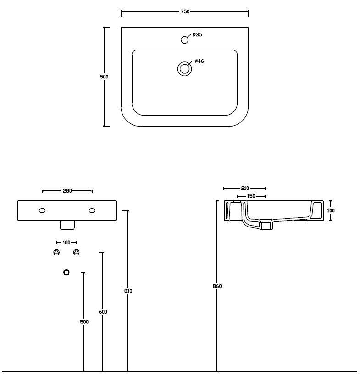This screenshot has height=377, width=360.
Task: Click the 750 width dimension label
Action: point(185,11)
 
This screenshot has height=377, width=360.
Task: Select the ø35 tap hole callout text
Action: point(198,34)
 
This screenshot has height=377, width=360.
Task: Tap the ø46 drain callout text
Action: point(199,61)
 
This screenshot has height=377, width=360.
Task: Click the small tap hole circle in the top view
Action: point(184,39)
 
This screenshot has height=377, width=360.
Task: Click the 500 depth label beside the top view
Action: point(104,77)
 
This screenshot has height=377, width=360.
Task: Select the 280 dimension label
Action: point(67,191)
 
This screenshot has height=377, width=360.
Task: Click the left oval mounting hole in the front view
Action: point(42,211)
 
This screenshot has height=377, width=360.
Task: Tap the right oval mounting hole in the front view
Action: point(92,211)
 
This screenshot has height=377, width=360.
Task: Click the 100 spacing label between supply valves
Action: point(66,243)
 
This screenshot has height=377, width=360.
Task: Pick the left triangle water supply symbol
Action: point(56,252)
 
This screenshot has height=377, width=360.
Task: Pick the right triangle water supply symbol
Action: point(76,252)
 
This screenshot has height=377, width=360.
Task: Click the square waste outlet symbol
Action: point(66,272)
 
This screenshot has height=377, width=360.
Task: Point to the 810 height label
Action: point(128,291)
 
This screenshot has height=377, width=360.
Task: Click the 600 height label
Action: point(103,312)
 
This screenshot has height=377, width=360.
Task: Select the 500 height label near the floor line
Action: point(84,322)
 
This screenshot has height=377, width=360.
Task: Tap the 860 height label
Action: point(217,286)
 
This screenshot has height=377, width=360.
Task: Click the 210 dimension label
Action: point(245,188)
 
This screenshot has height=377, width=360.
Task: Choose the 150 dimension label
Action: point(251,196)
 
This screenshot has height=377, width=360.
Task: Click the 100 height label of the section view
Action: point(331,211)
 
